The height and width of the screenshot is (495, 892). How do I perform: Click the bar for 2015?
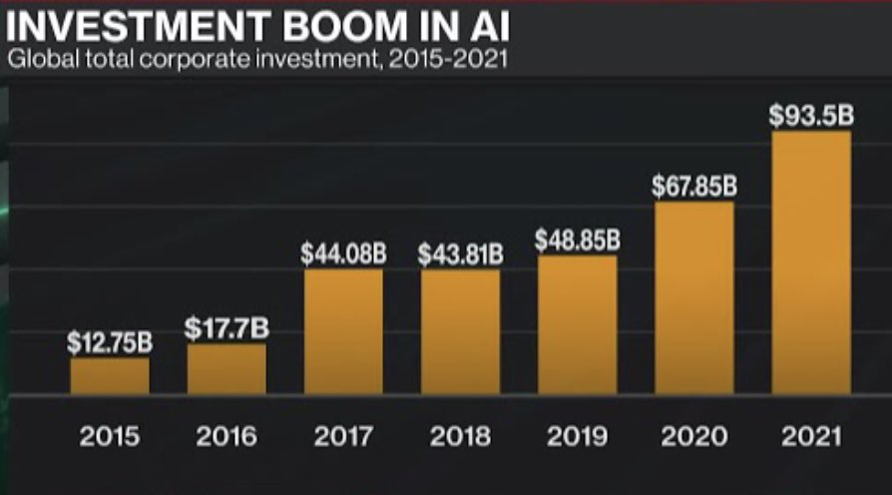coord(110,376)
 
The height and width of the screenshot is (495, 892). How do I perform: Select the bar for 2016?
coord(226,369)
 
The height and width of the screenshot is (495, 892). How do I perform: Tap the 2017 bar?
coord(343,331)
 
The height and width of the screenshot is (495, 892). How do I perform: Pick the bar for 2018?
coord(460,331)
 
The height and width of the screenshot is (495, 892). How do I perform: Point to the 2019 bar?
coord(577,324)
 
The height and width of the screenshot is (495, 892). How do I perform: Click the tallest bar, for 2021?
coord(810,261)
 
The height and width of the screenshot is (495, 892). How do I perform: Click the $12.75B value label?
coord(110,342)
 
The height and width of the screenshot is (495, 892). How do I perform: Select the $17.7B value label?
coord(226,328)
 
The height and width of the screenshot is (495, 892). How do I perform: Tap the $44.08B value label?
coord(343,253)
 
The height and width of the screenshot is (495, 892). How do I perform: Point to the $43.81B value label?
coord(460,253)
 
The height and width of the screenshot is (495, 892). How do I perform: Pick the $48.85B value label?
coord(577,241)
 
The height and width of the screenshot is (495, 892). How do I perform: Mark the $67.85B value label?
coord(693,187)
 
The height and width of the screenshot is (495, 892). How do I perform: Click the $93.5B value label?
coord(810,116)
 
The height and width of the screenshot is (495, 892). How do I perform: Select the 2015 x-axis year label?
coord(110,437)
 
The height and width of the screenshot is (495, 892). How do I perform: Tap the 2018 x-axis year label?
coord(460,437)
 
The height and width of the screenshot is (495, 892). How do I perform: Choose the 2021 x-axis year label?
coord(810,437)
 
